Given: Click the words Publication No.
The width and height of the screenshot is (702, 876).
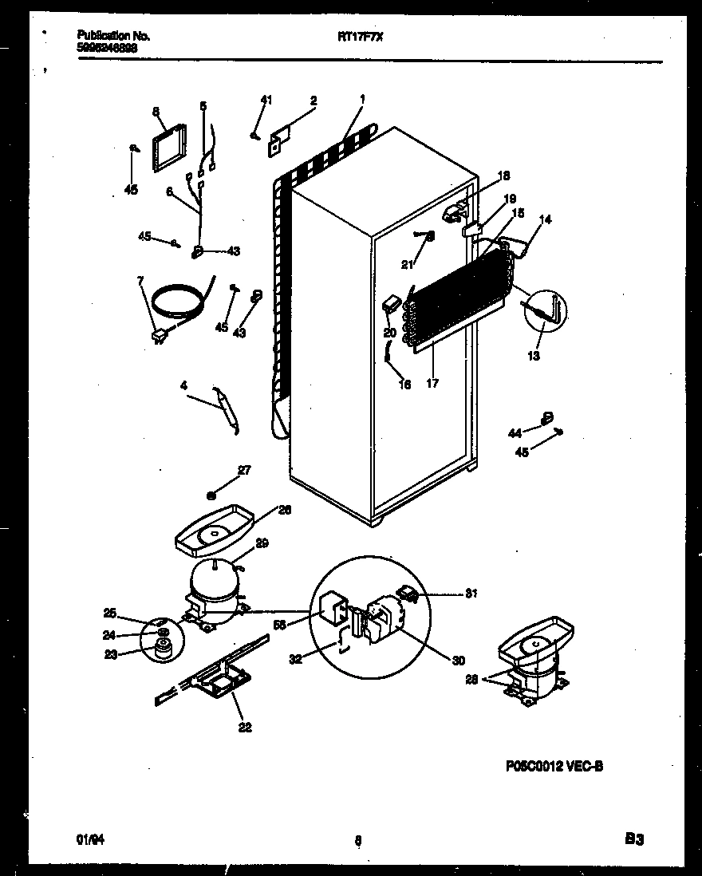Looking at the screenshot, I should coord(113,36).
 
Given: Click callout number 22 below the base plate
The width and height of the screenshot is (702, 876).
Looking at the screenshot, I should coord(246,727).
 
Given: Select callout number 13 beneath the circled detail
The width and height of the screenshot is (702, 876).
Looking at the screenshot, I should coord(534,356).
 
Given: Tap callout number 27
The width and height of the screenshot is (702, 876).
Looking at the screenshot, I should coord(244,471).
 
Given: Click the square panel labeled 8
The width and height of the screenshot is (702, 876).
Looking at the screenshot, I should coord(168,148).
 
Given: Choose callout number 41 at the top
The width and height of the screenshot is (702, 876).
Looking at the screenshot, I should coord(266,100).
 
